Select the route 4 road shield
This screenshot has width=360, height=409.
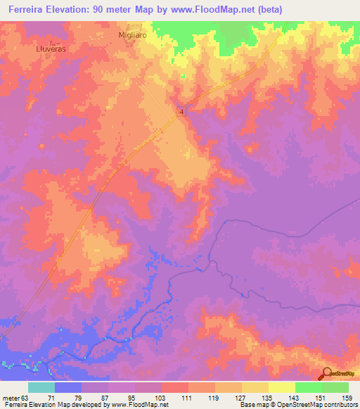point(181,112)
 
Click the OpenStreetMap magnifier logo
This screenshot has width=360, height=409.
point(326,373)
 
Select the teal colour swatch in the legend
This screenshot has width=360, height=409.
point(41,387)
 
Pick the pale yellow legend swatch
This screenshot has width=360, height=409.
point(281,387)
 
